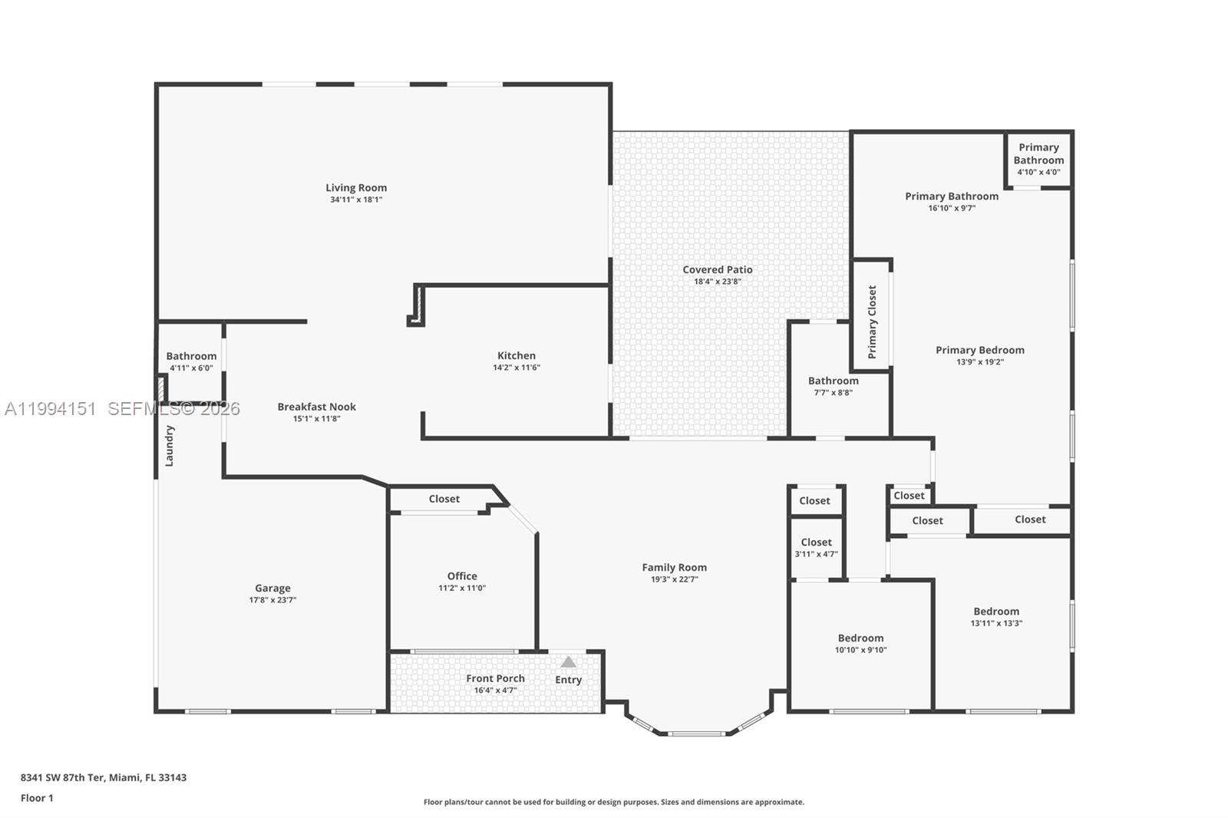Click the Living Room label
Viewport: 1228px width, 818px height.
pos(356,188)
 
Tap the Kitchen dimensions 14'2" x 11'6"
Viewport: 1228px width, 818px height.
pos(517,368)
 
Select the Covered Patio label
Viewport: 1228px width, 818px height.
pos(718,270)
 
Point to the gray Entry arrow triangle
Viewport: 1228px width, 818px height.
pos(569,662)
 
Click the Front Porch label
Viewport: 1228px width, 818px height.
pos(496,679)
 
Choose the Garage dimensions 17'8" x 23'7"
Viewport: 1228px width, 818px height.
pos(273,600)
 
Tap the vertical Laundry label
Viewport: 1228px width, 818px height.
pos(170,446)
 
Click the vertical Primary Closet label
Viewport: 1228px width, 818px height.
pos(872,322)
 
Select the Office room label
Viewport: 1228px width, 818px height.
pos(462,576)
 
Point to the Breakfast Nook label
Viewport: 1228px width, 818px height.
pos(317,407)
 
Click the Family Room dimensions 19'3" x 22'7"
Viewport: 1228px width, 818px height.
pos(675,579)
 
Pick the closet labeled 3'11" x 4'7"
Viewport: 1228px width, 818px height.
pos(817,548)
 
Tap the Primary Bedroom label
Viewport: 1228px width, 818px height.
pos(980,351)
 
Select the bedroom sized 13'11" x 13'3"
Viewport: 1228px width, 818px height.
pos(997,617)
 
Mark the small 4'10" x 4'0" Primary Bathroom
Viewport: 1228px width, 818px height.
pos(1039,160)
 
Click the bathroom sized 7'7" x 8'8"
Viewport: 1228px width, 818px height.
pos(834,387)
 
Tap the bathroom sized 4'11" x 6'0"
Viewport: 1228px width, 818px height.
pos(191,362)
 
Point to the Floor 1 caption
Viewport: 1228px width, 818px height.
pos(38,798)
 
